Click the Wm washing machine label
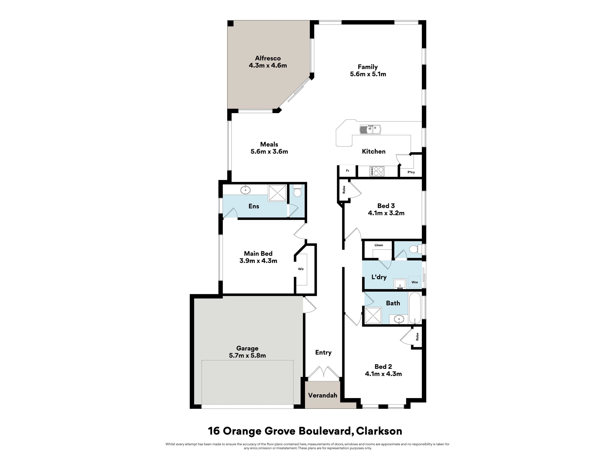(415, 282)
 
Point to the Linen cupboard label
(379, 245)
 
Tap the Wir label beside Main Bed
(301, 269)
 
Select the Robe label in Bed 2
(417, 337)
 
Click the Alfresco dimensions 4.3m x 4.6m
(268, 65)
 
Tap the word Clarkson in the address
(379, 431)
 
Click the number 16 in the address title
(214, 431)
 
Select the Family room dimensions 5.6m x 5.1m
(368, 74)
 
